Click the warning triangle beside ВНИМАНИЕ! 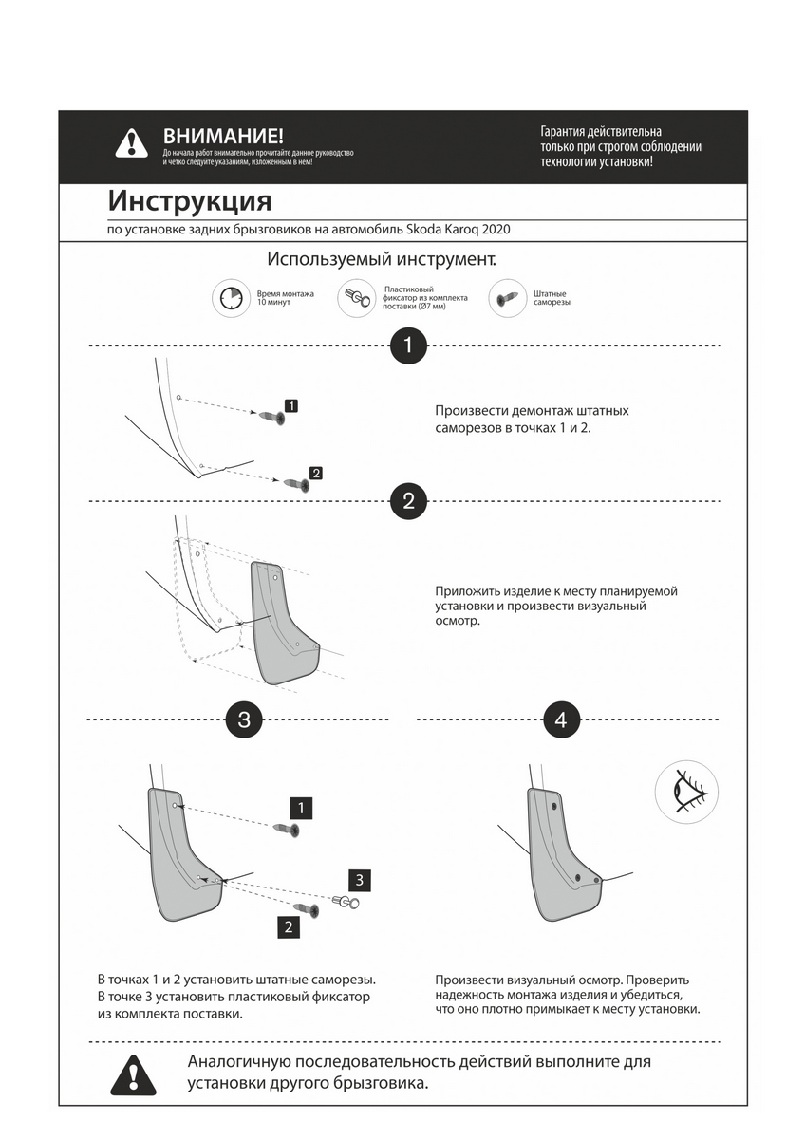coord(131,143)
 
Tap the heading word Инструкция coord(190,201)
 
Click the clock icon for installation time coord(228,299)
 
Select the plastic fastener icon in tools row coord(357,299)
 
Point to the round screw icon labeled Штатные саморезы coord(507,299)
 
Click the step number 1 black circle coord(408,345)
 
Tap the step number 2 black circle coord(408,501)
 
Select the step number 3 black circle coord(244,719)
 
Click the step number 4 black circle coord(561,719)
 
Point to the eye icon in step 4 coord(686,791)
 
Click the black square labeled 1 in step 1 coord(291,406)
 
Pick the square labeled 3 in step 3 coord(360,878)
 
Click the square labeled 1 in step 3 coord(301,809)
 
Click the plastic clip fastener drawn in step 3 coord(346,902)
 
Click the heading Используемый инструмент coord(382,259)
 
